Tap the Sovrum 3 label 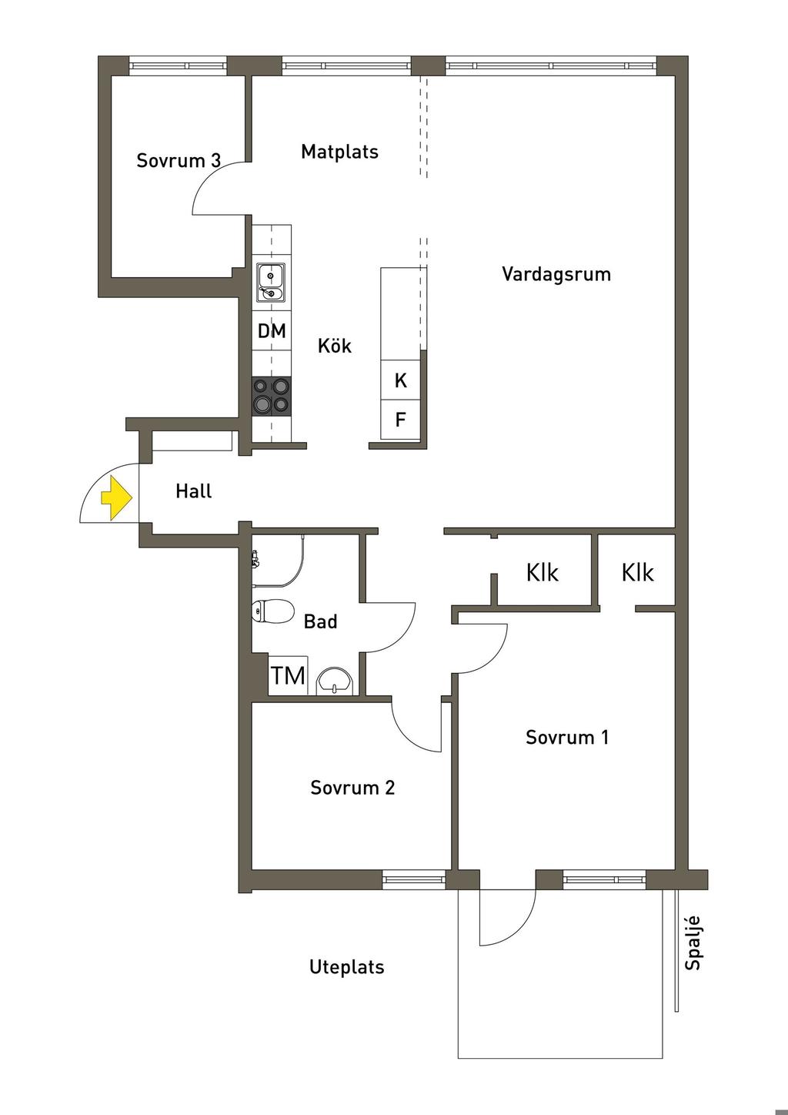point(179,160)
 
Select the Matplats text point(339,152)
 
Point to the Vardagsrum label point(556,274)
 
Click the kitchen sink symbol point(271,283)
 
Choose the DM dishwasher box point(272,331)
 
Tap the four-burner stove point(272,395)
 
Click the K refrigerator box point(401,380)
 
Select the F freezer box point(401,420)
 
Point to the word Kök point(335,346)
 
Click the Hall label point(193,491)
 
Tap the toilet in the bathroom point(272,612)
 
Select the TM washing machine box point(288,675)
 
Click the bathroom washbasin point(335,681)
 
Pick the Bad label point(320,621)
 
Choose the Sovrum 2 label point(352,788)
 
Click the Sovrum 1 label point(567,738)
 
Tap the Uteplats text point(346,967)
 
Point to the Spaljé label point(693,942)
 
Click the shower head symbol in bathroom point(255,559)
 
